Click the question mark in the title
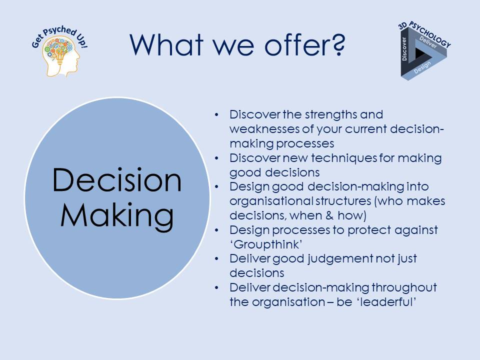click(338, 44)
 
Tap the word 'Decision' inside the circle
click(117, 180)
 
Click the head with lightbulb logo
click(60, 51)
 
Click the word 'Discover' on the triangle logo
click(404, 49)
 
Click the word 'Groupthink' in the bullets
click(266, 244)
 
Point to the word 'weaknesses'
click(264, 129)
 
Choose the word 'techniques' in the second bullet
click(344, 158)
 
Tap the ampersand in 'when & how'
click(329, 215)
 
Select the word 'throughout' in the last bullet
click(404, 288)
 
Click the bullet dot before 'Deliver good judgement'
click(216, 259)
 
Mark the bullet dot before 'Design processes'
click(216, 230)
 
